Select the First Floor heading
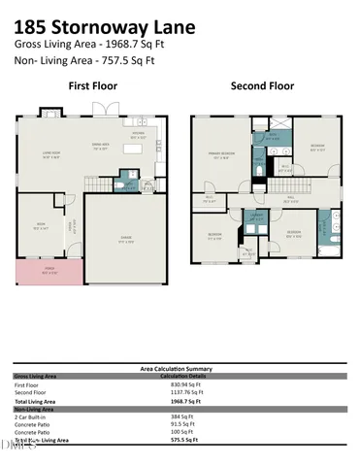pos(92,86)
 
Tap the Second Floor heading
pos(261,86)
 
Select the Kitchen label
pos(139,135)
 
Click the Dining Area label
pos(98,147)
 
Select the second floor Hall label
pos(291,196)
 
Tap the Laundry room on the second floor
pos(256,217)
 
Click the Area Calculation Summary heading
pos(180,369)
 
